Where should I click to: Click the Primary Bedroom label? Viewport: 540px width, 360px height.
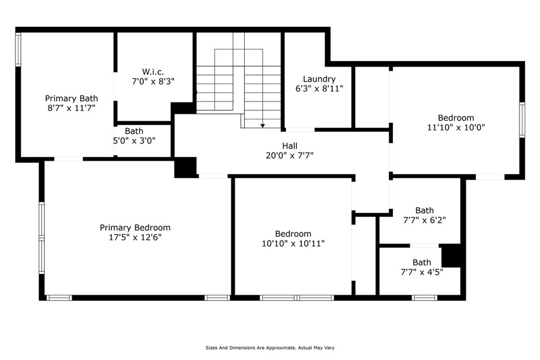coord(135,228)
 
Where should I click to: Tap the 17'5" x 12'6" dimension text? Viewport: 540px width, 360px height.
coord(135,237)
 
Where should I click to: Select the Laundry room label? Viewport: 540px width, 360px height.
coord(319,79)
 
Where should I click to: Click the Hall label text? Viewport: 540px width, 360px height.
coord(289,146)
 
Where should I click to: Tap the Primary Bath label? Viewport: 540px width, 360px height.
coord(71,98)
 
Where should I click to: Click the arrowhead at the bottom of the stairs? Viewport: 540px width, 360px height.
coord(263,125)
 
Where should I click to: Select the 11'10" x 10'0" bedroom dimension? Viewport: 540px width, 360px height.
coord(456,127)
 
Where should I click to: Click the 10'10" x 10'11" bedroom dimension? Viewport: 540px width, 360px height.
coord(293,243)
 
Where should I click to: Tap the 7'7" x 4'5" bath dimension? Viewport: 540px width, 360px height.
coord(421,272)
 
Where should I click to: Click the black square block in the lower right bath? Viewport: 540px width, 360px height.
coord(451,256)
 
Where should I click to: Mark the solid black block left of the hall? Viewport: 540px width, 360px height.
coord(185,167)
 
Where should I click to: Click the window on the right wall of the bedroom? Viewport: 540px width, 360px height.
coord(522,120)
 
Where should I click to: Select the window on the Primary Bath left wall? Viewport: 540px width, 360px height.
coord(18,50)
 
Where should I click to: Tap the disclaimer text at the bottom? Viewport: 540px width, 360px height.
coord(270,348)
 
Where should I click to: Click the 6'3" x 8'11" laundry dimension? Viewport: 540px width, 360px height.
coord(319,89)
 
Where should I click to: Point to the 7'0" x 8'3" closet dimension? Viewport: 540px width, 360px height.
coord(153,81)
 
